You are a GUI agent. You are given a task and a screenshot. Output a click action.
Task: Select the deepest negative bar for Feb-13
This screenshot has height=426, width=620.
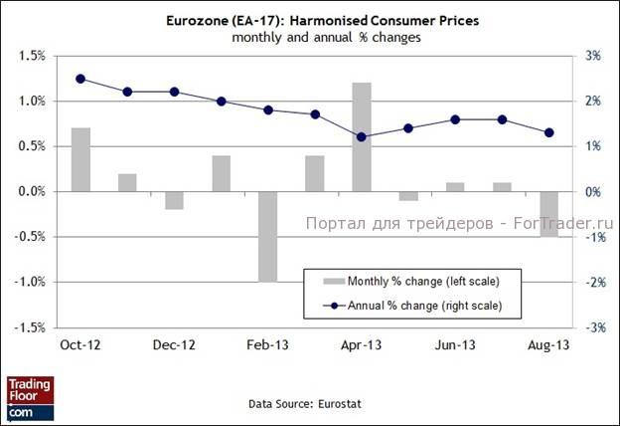coord(268,236)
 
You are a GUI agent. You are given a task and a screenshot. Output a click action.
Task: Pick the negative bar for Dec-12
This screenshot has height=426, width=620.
coord(174,200)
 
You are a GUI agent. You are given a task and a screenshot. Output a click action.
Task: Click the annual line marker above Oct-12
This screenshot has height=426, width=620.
coord(80,79)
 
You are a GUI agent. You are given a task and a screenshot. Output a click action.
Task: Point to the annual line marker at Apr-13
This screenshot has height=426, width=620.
coord(362,136)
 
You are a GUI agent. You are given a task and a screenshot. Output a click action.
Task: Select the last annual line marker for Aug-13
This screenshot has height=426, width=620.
coord(548,132)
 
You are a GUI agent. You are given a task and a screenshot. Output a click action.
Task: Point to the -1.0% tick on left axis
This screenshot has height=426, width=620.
coord(31,282)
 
